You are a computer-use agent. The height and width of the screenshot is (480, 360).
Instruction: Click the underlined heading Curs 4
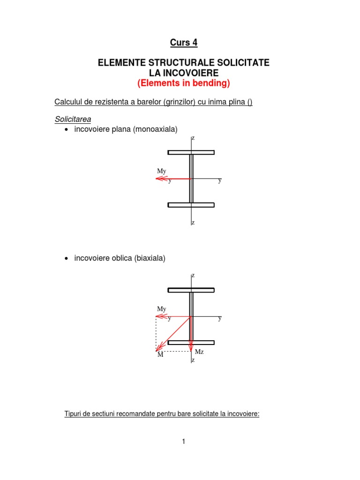point(183,43)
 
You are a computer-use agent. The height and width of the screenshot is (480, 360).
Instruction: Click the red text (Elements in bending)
point(183,83)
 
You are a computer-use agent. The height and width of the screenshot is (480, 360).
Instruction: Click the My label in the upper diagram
point(162,172)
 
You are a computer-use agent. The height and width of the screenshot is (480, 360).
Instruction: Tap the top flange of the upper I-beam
point(191,152)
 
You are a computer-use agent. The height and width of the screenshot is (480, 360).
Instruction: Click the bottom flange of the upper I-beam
point(191,205)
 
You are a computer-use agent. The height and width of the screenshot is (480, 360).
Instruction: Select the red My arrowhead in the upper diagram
point(159,179)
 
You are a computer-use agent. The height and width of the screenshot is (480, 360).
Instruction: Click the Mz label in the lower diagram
point(199,352)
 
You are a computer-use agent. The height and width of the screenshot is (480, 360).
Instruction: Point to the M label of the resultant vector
point(160,355)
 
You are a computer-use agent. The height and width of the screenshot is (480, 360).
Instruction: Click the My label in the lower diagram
point(162,309)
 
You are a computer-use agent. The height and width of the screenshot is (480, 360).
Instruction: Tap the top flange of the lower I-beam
point(191,290)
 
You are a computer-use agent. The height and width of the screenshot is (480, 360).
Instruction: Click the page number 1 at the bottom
point(184,441)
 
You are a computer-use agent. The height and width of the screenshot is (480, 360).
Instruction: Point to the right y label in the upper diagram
point(219,180)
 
